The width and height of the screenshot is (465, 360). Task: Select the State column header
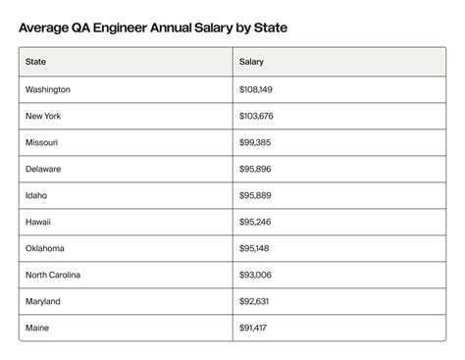pos(36,63)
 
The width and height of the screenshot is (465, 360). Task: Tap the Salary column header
pos(251,63)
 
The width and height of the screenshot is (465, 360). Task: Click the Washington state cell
pos(49,89)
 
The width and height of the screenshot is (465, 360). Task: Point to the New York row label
pos(43,116)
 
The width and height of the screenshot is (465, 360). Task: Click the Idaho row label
pos(37,195)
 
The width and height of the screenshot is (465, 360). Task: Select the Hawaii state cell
pos(39,222)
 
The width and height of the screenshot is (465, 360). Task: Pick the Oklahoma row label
pos(46,248)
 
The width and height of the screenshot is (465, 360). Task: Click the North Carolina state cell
pos(56,275)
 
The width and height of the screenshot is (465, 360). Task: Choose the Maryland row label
pos(44,301)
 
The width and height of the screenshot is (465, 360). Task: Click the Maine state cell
pos(38,328)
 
